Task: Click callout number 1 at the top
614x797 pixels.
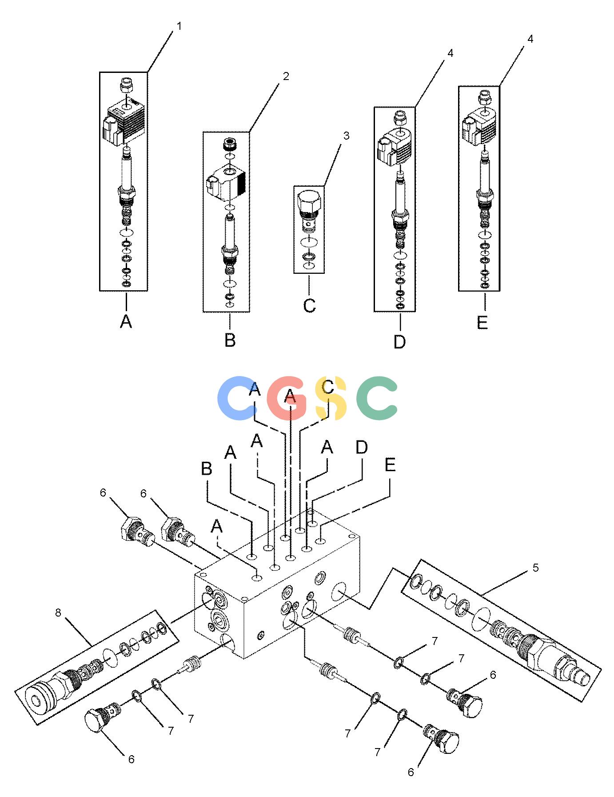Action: point(179,26)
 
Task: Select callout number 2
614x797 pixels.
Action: point(286,76)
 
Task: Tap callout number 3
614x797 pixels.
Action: point(346,136)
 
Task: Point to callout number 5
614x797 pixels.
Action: point(536,568)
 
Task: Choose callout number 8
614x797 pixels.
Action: point(58,613)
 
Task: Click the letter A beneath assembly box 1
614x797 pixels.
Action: point(126,321)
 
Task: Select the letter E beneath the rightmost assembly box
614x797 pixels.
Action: point(482,322)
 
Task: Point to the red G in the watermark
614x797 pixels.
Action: point(287,398)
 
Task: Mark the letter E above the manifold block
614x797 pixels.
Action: point(390,465)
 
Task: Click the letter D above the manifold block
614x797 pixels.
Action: point(362,448)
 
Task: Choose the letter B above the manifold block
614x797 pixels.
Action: point(207,469)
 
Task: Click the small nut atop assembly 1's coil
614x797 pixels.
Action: point(128,85)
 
